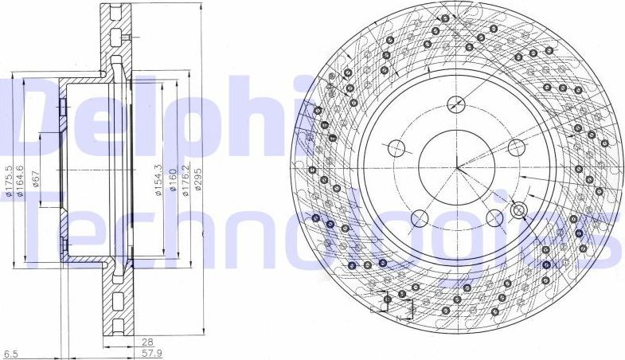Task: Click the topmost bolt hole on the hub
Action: click(x=456, y=104)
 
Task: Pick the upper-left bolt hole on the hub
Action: click(x=396, y=147)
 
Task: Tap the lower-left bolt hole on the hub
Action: click(x=419, y=217)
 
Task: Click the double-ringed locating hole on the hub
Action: click(x=519, y=211)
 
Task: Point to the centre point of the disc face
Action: click(x=456, y=166)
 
